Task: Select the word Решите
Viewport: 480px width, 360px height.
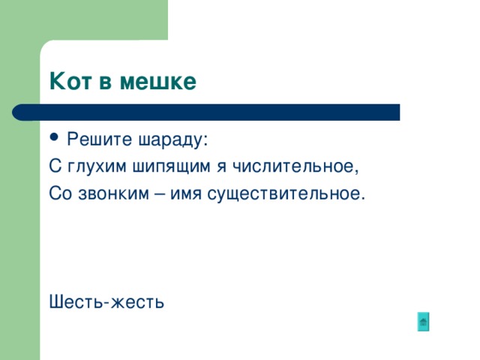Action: (94, 139)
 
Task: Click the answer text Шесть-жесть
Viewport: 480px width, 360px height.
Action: (106, 302)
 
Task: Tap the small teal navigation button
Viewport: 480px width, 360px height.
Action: (424, 322)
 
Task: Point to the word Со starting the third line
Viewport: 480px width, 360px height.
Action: (60, 194)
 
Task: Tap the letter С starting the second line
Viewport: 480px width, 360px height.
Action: (54, 166)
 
